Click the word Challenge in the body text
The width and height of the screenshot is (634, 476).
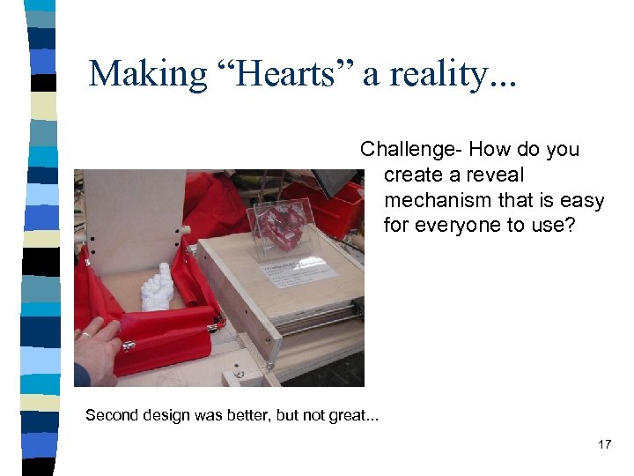point(414,150)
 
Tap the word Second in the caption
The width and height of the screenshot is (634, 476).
point(111,415)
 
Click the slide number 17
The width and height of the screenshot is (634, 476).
point(604,445)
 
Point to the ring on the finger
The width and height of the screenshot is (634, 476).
point(85,335)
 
